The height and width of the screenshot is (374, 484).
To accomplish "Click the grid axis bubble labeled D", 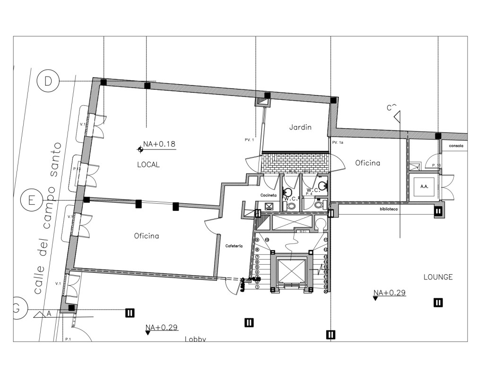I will point(48,81).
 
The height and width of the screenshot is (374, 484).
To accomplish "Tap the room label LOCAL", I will point(148,165).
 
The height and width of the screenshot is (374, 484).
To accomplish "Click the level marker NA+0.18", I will point(159,144).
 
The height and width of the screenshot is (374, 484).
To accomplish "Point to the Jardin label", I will point(300,127).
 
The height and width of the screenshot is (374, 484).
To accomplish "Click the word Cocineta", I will point(268,195).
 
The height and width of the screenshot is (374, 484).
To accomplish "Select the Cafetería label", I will point(234,246).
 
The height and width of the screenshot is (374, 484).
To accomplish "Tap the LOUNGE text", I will point(438,277).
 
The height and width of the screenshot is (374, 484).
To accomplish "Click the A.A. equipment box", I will point(423,186).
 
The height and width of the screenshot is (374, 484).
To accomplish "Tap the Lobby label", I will point(195,339).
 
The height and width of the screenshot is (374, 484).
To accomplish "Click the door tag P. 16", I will point(436,165).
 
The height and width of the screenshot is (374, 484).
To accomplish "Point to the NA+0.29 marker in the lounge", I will point(389,293).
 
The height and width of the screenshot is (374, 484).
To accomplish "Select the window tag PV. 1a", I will point(337,142).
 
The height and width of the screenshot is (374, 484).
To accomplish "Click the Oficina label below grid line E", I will point(146,236).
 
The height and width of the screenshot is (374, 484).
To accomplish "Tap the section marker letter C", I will point(390,108).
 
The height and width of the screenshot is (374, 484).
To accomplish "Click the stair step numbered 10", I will point(267,240).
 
